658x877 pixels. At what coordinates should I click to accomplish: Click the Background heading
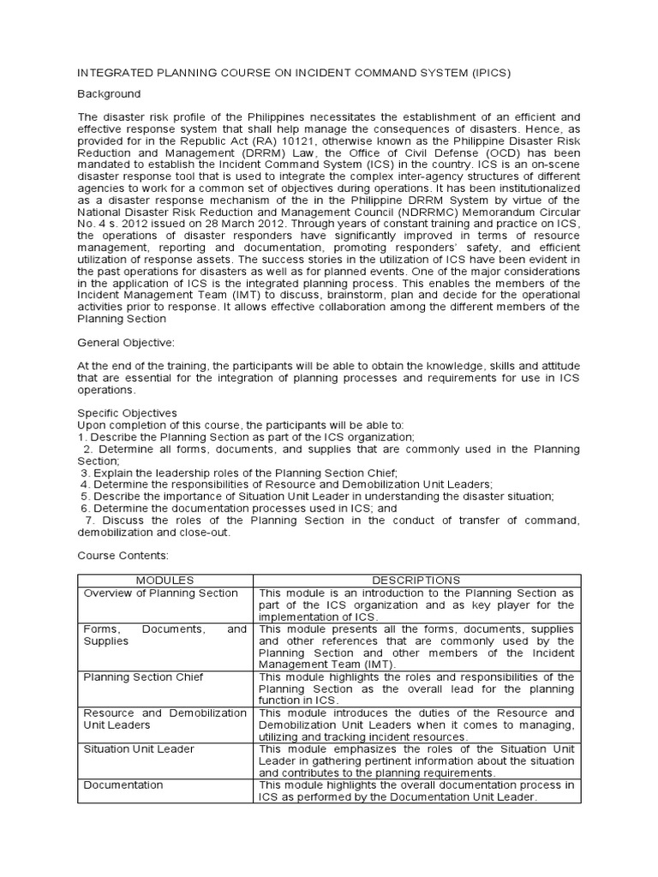pos(109,93)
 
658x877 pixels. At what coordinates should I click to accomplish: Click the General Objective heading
pos(126,342)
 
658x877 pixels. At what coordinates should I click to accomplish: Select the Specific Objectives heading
pos(128,412)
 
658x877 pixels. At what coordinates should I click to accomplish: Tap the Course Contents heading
pos(123,555)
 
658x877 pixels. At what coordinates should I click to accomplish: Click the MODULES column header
pos(165,580)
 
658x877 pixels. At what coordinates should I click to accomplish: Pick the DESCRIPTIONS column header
pos(417,580)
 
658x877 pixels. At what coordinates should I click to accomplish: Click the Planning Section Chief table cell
pos(143,677)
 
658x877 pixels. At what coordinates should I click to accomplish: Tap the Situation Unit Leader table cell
pos(139,749)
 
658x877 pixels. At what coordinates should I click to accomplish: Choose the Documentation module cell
pos(123,785)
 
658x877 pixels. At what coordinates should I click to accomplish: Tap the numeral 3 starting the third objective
pos(85,473)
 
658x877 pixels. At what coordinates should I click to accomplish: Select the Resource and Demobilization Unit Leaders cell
pos(165,719)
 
